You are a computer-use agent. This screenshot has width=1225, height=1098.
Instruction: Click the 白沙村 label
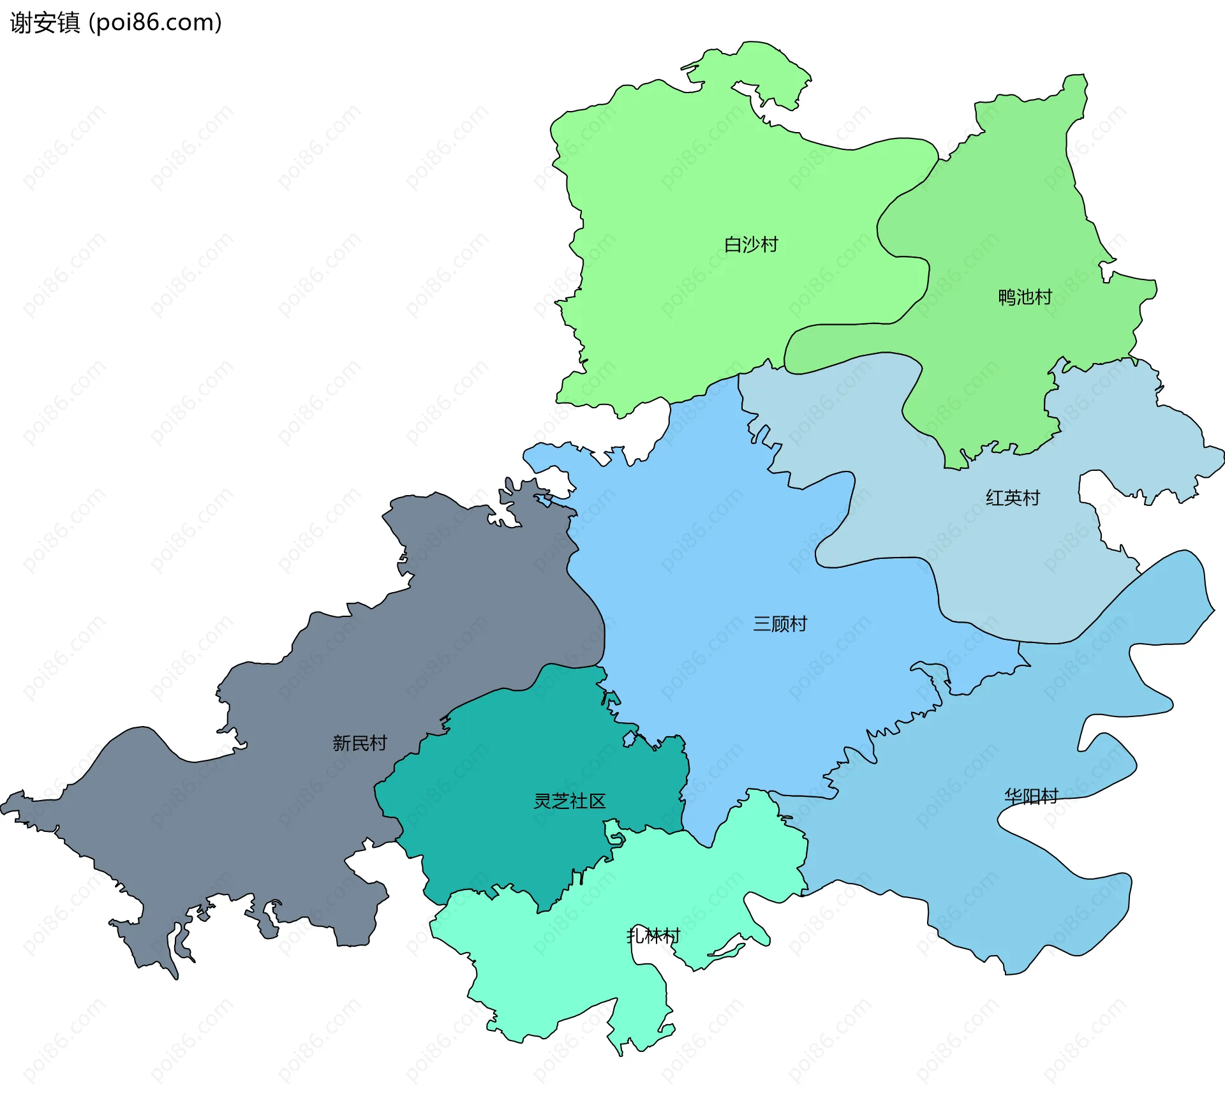pos(751,244)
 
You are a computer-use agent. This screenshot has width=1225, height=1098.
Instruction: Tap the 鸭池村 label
pos(1025,297)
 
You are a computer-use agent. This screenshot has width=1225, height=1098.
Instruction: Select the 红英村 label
pos(1013,498)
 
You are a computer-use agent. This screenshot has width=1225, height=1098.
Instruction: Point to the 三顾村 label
pos(780,624)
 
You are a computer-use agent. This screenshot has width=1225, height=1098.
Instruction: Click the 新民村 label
pos(359,743)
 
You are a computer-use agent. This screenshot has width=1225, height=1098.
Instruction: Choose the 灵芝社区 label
pos(569,801)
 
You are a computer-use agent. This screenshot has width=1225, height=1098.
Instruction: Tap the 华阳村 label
pos(1031,796)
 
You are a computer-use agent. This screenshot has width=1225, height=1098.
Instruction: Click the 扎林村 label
pos(653,936)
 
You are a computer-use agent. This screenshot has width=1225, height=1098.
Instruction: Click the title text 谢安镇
pos(45,23)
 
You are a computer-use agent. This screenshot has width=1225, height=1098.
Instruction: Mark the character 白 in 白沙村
pos(733,244)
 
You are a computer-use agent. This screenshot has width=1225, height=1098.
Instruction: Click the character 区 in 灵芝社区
pos(597,801)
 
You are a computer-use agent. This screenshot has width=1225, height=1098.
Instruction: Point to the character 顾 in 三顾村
pos(780,624)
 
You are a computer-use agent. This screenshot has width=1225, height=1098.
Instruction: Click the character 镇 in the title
pos(68,23)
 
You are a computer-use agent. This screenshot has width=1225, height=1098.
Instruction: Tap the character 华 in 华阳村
pos(1013,796)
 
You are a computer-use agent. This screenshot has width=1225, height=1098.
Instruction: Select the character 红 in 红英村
pos(995,498)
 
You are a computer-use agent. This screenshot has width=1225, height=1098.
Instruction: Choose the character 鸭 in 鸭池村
pos(1007,297)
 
